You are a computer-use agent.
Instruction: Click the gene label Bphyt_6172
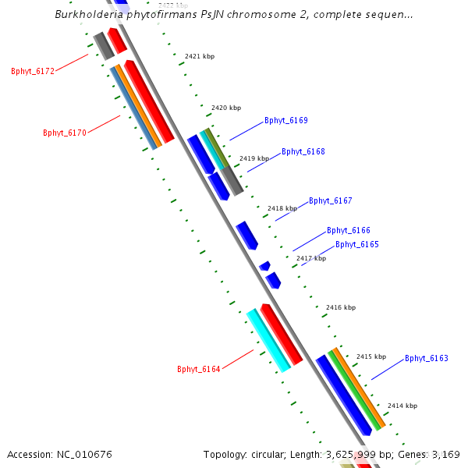pos(33,71)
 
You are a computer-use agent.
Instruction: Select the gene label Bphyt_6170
pos(65,133)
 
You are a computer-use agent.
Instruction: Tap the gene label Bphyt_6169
pos(285,121)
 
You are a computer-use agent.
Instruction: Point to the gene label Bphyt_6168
pos(303,152)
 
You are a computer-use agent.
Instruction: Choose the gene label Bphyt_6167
pos(330,201)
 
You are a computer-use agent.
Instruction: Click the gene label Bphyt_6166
pos(348,231)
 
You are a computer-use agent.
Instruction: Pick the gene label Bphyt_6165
pos(356,245)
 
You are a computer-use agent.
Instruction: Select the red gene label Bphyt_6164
pos(199,370)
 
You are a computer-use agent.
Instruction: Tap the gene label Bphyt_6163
pos(426,359)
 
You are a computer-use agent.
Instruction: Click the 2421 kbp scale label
pos(199,56)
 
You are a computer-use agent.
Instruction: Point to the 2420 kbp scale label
pos(225,108)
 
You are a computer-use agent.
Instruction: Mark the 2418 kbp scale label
pos(282,208)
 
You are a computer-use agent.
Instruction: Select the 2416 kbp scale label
pos(340,307)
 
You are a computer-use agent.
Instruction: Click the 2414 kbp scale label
pos(402,406)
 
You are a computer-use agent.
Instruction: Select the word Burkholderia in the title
pos(91,14)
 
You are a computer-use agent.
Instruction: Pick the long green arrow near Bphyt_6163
pos(356,390)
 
